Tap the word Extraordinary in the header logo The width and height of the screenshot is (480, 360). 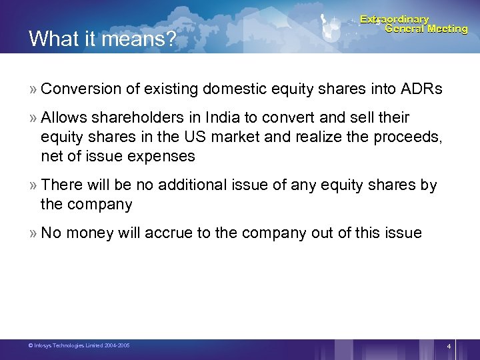coord(395,19)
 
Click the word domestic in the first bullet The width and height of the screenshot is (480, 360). coord(230,89)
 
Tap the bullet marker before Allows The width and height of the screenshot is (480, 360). coord(33,118)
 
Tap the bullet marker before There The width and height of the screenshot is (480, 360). coord(33,185)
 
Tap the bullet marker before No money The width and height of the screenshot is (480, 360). coord(33,233)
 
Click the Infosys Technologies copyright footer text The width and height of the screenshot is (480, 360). coord(79,345)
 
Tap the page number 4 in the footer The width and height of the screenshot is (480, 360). coord(449,347)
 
